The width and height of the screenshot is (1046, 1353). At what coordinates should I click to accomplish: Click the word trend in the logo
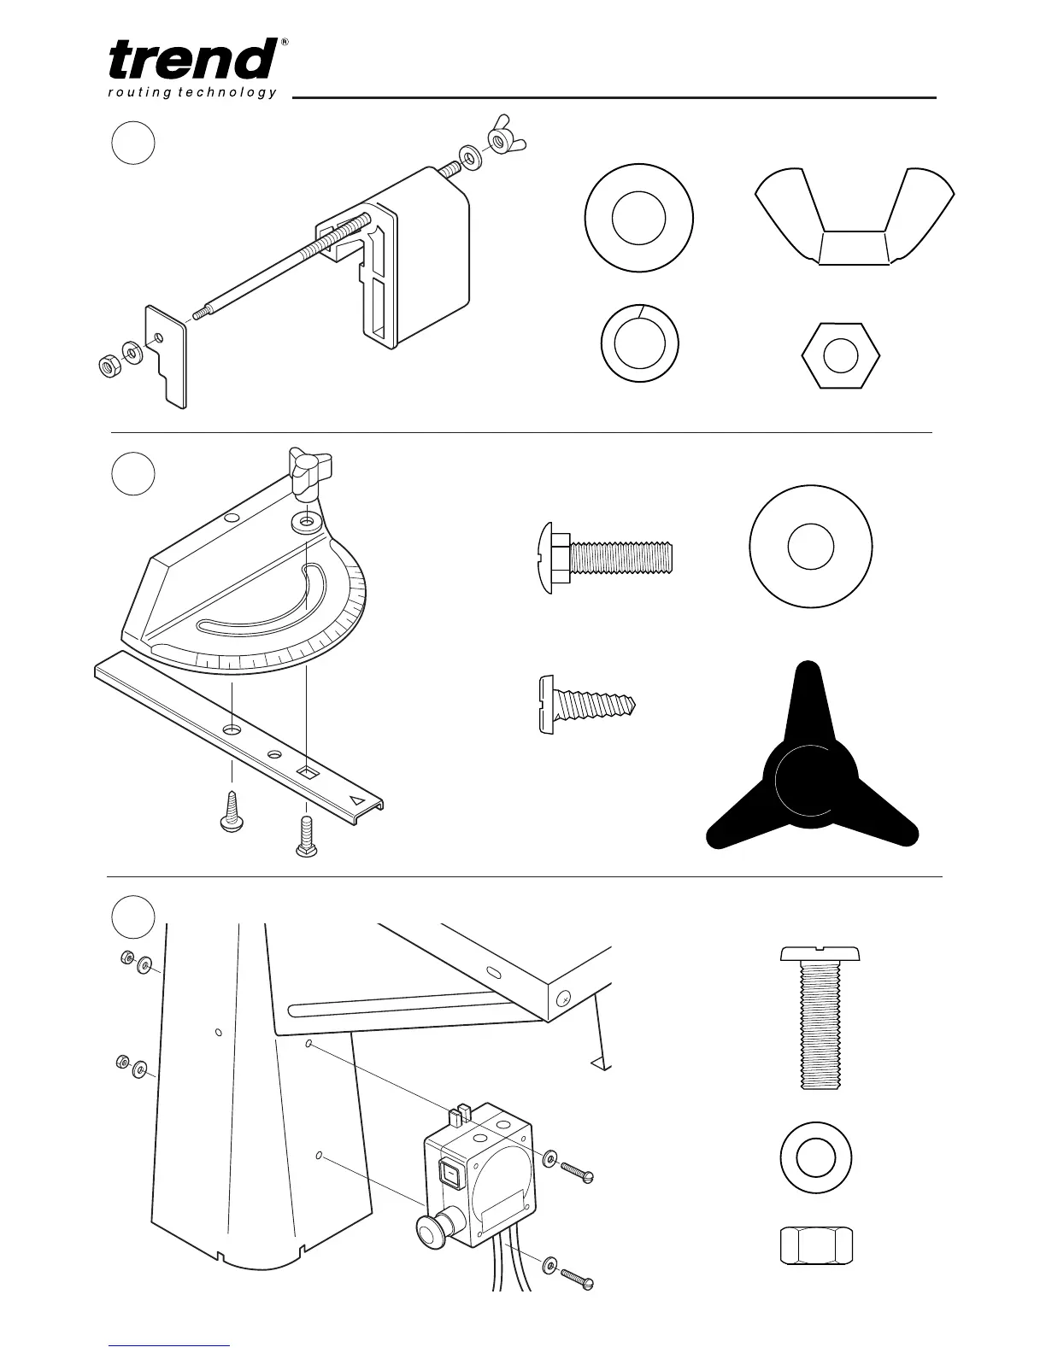click(x=192, y=60)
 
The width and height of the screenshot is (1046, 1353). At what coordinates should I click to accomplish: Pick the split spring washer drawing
click(x=639, y=343)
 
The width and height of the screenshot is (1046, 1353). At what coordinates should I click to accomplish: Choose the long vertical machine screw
click(x=820, y=1016)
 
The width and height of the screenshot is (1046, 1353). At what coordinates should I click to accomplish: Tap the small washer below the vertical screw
click(x=817, y=1159)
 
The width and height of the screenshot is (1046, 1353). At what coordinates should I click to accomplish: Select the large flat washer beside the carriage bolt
click(x=810, y=546)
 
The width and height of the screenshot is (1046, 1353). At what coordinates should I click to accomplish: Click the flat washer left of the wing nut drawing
click(x=638, y=218)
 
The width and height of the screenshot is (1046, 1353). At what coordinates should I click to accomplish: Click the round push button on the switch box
click(x=432, y=1231)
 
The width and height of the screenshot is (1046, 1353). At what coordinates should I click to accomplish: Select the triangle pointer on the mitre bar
click(x=357, y=800)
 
